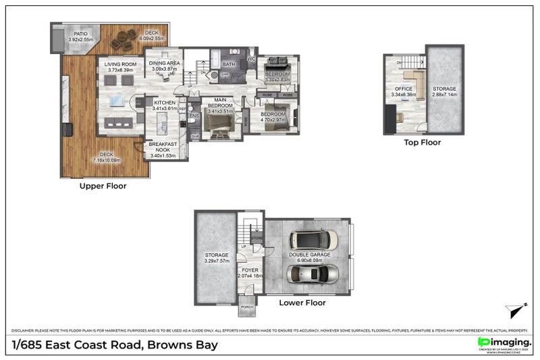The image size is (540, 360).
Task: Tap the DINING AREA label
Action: tap(164, 63)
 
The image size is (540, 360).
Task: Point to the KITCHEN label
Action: tap(164, 103)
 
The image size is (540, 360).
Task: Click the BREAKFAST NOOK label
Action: tap(163, 147)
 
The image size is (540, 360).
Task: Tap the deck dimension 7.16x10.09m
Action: tap(107, 160)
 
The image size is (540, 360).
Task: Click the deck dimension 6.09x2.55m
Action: tap(152, 38)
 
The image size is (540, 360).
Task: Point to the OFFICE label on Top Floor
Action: tap(404, 89)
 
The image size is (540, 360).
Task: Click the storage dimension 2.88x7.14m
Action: tap(444, 95)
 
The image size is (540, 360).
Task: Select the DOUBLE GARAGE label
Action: tap(310, 255)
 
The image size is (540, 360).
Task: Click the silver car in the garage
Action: tap(313, 274)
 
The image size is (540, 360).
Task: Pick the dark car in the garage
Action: tap(313, 240)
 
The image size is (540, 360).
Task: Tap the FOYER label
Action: tap(249, 270)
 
